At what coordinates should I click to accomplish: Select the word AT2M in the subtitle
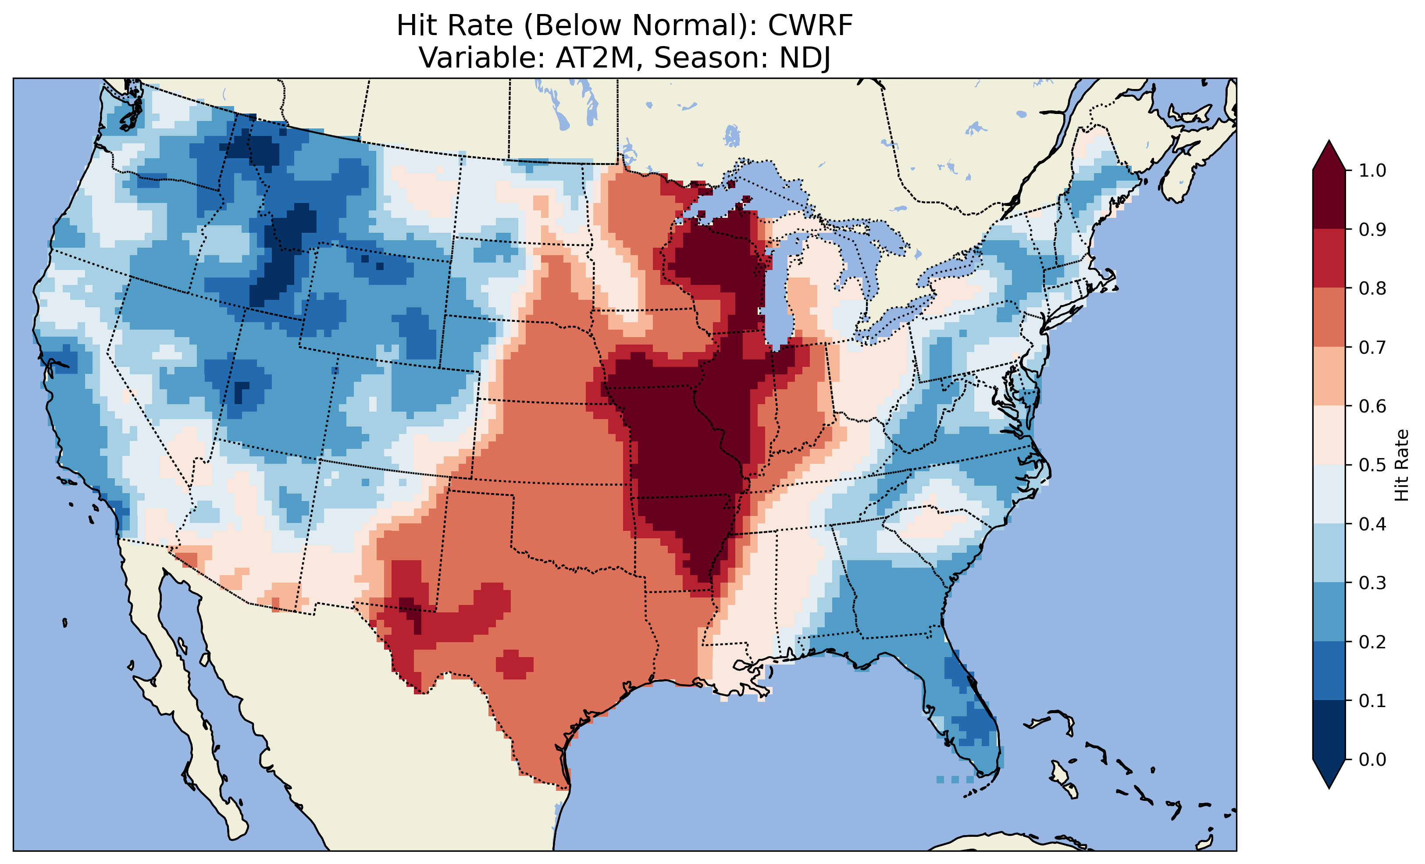[x=595, y=58]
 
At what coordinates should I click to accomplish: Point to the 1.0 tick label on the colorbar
[x=1373, y=171]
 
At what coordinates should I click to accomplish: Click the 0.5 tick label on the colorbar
[x=1373, y=465]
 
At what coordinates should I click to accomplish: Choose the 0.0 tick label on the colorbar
[x=1373, y=759]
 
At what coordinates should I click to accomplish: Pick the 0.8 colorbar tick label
[x=1373, y=288]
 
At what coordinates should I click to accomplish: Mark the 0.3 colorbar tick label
[x=1373, y=583]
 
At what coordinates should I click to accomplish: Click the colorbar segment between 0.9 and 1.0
[x=1329, y=199]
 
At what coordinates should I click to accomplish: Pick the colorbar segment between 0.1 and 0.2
[x=1329, y=671]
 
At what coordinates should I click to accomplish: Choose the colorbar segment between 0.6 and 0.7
[x=1329, y=376]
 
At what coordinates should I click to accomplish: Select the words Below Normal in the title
[x=636, y=25]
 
